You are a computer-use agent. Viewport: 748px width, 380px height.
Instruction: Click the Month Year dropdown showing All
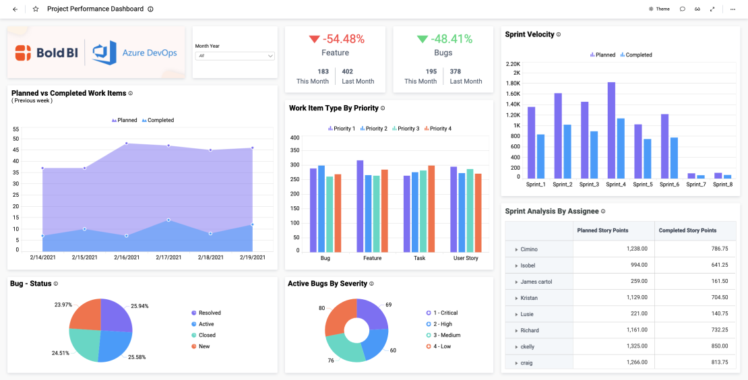[234, 56]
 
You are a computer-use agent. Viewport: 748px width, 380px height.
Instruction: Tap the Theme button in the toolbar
[659, 9]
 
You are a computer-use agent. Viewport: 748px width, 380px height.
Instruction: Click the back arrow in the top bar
[15, 9]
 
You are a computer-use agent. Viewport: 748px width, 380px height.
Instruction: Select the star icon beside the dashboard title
[36, 9]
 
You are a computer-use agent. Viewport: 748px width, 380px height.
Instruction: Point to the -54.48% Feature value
[343, 39]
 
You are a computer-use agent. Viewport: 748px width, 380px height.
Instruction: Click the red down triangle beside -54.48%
[314, 39]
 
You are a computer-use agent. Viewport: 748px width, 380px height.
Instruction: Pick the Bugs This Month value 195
[431, 71]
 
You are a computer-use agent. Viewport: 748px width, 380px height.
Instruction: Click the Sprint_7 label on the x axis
[696, 185]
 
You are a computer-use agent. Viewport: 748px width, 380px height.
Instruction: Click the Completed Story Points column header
[687, 230]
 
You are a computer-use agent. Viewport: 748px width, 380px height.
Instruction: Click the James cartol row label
[537, 282]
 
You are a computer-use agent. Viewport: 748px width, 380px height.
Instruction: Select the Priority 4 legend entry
[438, 128]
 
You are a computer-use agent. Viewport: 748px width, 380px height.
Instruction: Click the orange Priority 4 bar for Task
[431, 208]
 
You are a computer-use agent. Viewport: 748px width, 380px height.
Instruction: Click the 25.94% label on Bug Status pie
[139, 306]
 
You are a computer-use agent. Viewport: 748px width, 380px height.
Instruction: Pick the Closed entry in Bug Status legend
[207, 335]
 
